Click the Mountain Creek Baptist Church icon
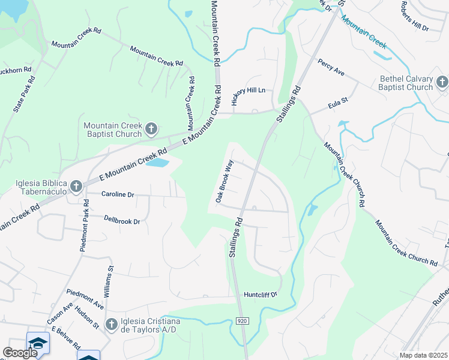pyautogui.click(x=152, y=128)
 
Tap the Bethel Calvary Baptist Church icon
pyautogui.click(x=442, y=82)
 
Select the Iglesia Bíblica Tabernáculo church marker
pyautogui.click(x=76, y=186)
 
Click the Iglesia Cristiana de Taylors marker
pyautogui.click(x=111, y=325)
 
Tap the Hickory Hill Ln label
pyautogui.click(x=248, y=90)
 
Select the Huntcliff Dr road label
pyautogui.click(x=261, y=295)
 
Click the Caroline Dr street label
pyautogui.click(x=117, y=194)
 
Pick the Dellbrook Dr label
pyautogui.click(x=122, y=221)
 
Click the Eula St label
pyautogui.click(x=338, y=106)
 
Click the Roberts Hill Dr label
pyautogui.click(x=415, y=16)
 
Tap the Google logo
pyautogui.click(x=19, y=353)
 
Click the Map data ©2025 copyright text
pyautogui.click(x=423, y=355)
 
